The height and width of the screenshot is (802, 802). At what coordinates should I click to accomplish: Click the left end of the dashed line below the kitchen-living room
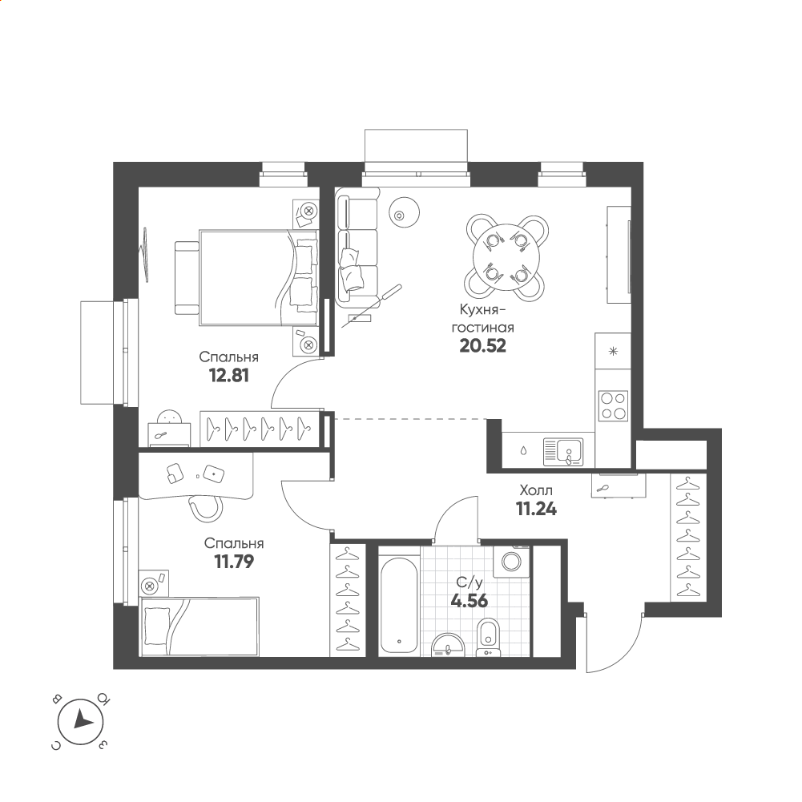[335, 419]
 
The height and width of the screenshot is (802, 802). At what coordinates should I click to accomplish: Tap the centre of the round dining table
[506, 257]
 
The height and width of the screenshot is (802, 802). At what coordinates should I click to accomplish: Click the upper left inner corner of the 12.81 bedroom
[139, 187]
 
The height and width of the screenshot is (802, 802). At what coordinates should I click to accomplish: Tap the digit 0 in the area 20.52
[475, 346]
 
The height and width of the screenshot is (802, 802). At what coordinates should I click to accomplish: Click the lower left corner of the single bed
[140, 655]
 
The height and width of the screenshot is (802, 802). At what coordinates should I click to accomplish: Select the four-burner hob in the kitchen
[613, 406]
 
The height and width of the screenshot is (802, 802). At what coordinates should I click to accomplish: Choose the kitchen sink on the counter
[563, 452]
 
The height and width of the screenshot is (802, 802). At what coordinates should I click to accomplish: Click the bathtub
[400, 606]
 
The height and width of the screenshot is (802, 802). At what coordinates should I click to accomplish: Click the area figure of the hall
[537, 509]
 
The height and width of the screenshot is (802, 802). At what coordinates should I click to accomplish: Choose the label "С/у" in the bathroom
[470, 582]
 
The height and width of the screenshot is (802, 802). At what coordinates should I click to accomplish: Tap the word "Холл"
[536, 490]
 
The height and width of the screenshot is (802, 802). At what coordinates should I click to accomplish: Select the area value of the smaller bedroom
[234, 562]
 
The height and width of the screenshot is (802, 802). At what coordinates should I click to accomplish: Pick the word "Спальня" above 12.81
[228, 357]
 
